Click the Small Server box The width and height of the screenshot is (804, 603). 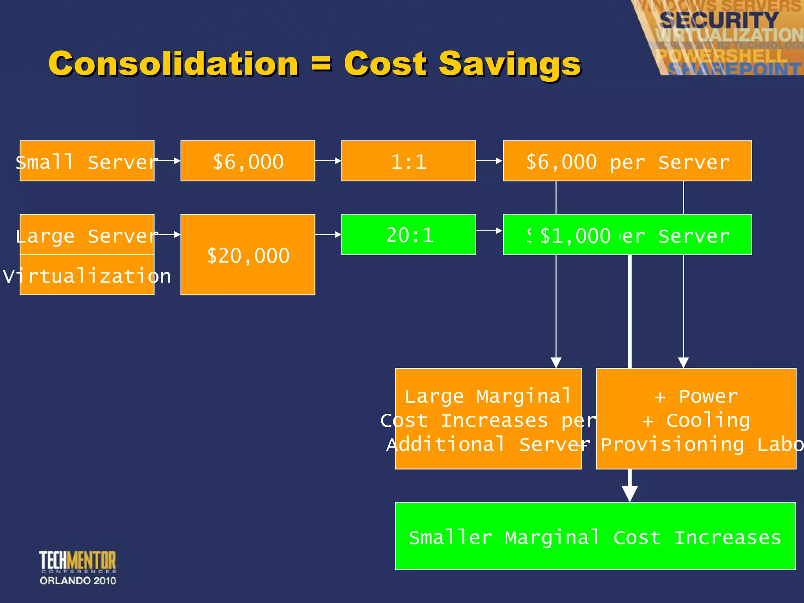click(x=87, y=161)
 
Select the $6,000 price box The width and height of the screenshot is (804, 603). click(x=248, y=161)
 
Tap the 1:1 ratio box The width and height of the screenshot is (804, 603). click(x=408, y=161)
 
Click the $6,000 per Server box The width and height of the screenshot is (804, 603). click(x=627, y=161)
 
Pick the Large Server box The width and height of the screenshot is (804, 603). click(x=87, y=235)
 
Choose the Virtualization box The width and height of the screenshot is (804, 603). click(x=87, y=275)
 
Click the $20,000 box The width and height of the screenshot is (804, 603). click(x=248, y=255)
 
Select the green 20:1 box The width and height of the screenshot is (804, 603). click(x=408, y=235)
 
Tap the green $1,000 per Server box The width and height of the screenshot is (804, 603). click(x=627, y=235)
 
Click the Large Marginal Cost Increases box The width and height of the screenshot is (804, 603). click(x=488, y=418)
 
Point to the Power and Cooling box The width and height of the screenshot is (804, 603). click(x=696, y=418)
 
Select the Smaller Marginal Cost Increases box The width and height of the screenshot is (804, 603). click(x=595, y=536)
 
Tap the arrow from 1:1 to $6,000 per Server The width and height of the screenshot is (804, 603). click(x=489, y=161)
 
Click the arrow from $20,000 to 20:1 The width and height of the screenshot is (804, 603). click(x=328, y=234)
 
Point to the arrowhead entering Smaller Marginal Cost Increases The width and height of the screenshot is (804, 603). click(x=630, y=493)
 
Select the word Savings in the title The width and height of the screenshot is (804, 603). click(x=510, y=64)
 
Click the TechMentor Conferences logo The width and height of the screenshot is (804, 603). click(x=78, y=567)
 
